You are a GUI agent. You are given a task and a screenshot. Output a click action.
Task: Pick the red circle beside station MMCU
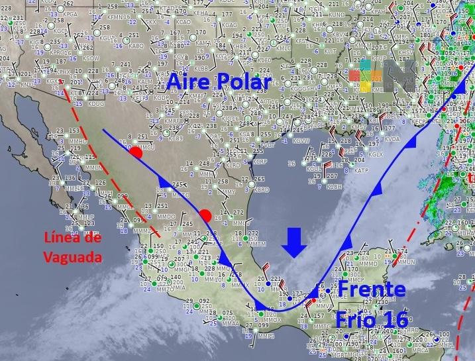tap(136, 152)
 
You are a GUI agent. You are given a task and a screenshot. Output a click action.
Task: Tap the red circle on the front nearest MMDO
tap(205, 215)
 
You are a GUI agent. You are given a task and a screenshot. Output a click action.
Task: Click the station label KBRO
tap(262, 189)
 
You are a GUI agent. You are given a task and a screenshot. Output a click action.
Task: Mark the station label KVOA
tap(392, 139)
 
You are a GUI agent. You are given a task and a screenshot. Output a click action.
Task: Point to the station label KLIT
tap(329, 50)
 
